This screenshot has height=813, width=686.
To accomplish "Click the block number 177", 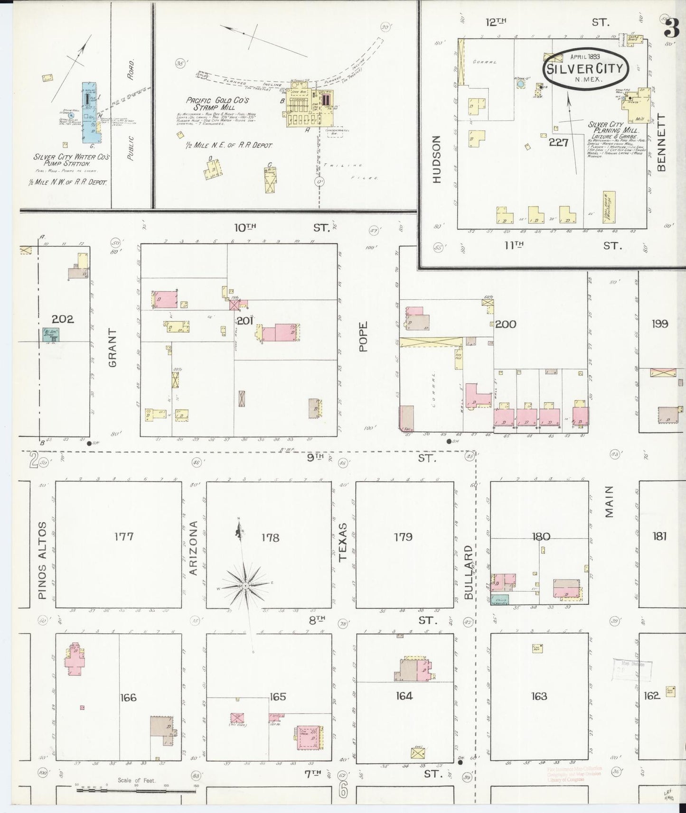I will click(x=124, y=537).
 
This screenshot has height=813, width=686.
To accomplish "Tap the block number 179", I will click(x=403, y=537).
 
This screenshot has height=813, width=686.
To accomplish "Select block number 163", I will click(x=539, y=696).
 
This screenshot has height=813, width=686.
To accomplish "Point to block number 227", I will click(x=558, y=142).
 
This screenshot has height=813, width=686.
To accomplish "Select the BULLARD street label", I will click(x=469, y=572).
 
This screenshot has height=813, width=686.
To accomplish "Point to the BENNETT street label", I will click(x=662, y=143).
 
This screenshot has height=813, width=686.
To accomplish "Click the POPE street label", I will click(x=364, y=337).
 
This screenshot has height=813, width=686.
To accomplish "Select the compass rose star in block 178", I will click(x=245, y=586).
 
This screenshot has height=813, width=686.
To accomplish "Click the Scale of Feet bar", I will click(x=136, y=786).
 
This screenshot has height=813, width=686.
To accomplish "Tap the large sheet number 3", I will click(x=671, y=28).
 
